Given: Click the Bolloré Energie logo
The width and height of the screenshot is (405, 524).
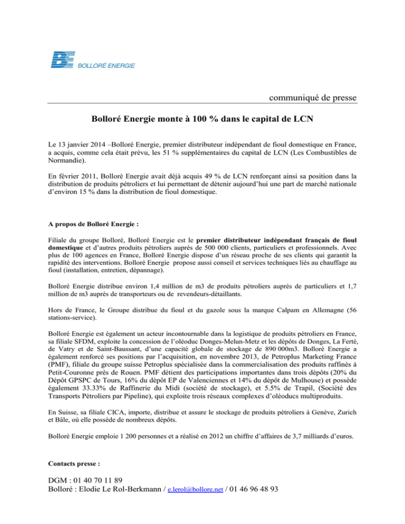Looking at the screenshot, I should pyautogui.click(x=92, y=60).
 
